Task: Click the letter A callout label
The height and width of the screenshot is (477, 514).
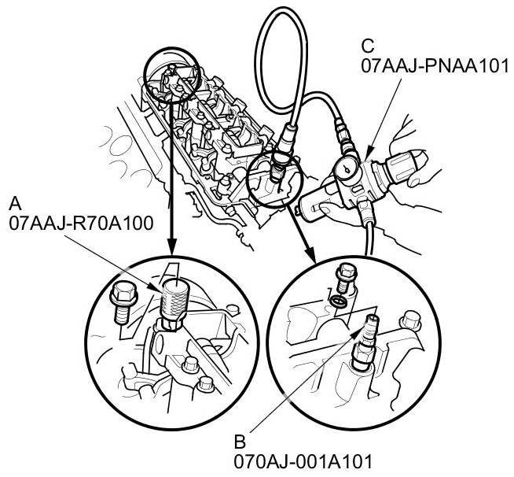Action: [15, 204]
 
